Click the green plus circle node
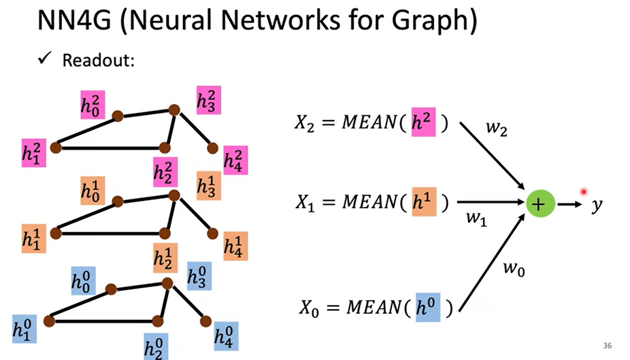pyautogui.click(x=540, y=203)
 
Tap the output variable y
pyautogui.click(x=597, y=205)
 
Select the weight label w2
pyautogui.click(x=496, y=129)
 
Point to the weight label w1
pyautogui.click(x=476, y=219)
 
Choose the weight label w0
pyautogui.click(x=514, y=268)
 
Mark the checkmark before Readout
pyautogui.click(x=45, y=58)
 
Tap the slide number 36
pyautogui.click(x=607, y=346)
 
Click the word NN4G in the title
pyautogui.click(x=74, y=20)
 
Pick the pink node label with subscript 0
pyautogui.click(x=93, y=105)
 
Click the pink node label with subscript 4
pyautogui.click(x=235, y=161)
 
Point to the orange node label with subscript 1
pyautogui.click(x=34, y=238)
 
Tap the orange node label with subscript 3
pyautogui.click(x=209, y=186)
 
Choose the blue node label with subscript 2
pyautogui.click(x=156, y=347)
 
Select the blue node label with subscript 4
pyautogui.click(x=226, y=336)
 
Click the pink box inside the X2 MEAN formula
pyautogui.click(x=423, y=122)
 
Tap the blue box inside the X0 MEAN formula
pyautogui.click(x=427, y=308)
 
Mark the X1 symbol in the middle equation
pyautogui.click(x=305, y=203)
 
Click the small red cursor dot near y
pyautogui.click(x=583, y=192)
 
